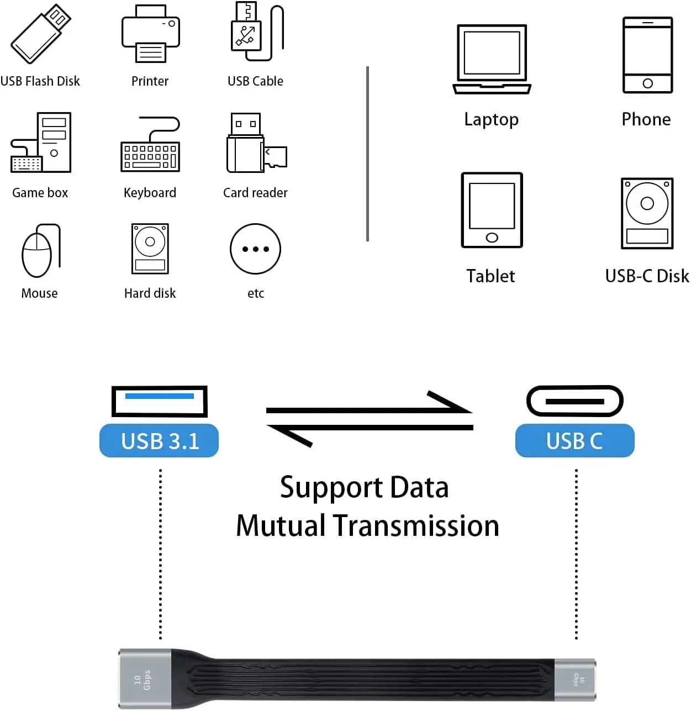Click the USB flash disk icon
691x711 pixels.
pos(40,34)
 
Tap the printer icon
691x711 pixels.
pos(150,34)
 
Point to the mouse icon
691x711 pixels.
pos(39,251)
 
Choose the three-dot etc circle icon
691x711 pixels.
pos(255,249)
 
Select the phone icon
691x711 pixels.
pos(647,55)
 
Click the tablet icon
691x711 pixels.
pos(492,210)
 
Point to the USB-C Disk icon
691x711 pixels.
pos(647,213)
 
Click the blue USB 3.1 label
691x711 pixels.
pos(159,441)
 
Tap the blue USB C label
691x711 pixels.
pos(574,441)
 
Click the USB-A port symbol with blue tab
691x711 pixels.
pos(159,401)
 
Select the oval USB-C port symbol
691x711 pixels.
pos(574,401)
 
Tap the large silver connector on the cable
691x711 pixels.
pos(145,678)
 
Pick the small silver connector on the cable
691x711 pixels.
pos(574,680)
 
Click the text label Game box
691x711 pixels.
pos(40,193)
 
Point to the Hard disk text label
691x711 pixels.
pos(150,293)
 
